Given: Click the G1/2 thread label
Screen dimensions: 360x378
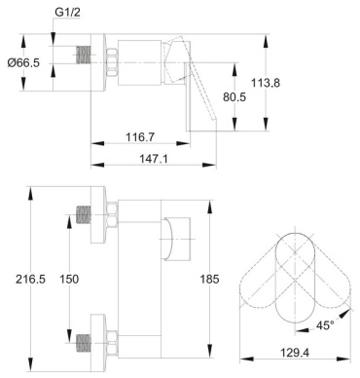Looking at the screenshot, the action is [x=67, y=13].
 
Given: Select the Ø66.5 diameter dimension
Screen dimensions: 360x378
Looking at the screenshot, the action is [x=23, y=62].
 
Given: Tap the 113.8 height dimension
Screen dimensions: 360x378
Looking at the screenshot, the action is [x=266, y=83].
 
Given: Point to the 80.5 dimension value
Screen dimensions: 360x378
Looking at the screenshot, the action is [x=234, y=96].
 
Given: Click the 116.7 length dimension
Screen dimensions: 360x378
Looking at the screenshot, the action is [x=140, y=137].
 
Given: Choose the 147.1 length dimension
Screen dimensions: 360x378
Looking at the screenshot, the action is [x=154, y=159].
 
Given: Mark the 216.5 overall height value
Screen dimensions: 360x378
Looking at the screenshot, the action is [x=30, y=279].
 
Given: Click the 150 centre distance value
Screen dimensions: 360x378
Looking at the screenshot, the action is [x=69, y=279].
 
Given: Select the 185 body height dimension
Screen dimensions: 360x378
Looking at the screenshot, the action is [x=209, y=279].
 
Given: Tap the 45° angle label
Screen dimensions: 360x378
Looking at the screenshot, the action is [x=325, y=325].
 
